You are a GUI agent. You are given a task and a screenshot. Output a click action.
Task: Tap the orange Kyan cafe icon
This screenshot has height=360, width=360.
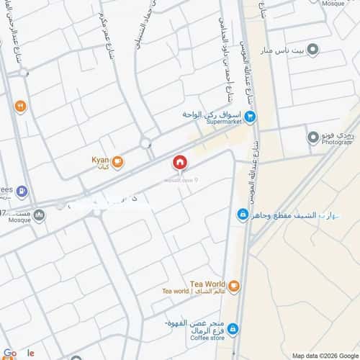coord(117,162)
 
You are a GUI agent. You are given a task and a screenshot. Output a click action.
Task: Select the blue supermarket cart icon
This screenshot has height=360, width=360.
coord(249,116)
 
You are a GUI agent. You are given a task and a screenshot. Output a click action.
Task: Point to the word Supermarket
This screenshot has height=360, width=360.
coord(224,123)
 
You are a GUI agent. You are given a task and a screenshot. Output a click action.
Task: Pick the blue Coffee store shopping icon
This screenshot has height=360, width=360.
coord(233,328)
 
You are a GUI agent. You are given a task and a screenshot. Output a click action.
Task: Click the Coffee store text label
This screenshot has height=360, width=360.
coord(207,337)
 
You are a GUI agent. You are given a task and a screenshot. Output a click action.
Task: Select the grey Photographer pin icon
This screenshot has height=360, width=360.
coord(312,137)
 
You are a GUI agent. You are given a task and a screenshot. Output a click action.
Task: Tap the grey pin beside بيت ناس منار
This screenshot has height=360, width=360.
coord(312,50)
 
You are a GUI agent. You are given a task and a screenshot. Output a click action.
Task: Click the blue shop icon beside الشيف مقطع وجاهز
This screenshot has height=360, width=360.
coord(243,214)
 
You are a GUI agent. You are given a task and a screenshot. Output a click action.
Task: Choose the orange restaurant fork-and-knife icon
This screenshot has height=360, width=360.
coord(21,107)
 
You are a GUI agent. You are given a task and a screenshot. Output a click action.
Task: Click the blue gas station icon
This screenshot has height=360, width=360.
coord(23,191)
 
